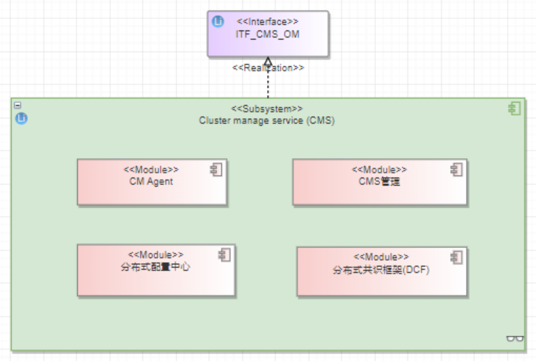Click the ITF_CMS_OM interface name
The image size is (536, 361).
(267, 35)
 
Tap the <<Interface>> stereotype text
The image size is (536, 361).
(267, 22)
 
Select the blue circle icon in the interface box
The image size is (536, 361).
(218, 21)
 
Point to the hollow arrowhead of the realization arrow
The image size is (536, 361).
(268, 62)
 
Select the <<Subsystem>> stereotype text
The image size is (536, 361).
(267, 109)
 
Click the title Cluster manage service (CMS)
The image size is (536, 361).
(267, 120)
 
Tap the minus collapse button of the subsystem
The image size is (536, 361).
(18, 105)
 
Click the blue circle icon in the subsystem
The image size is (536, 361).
(21, 118)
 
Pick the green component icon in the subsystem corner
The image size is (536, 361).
(514, 109)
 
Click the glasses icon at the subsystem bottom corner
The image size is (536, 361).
(515, 339)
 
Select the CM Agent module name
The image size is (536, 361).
(151, 182)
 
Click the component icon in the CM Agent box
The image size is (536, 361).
(216, 170)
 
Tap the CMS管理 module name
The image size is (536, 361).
(379, 182)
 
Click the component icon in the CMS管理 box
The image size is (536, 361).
(456, 170)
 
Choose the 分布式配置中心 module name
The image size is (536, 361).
(155, 267)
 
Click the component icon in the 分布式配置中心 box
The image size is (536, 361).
(224, 255)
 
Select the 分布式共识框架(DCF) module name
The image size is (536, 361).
(381, 270)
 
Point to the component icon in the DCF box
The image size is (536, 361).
(456, 257)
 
